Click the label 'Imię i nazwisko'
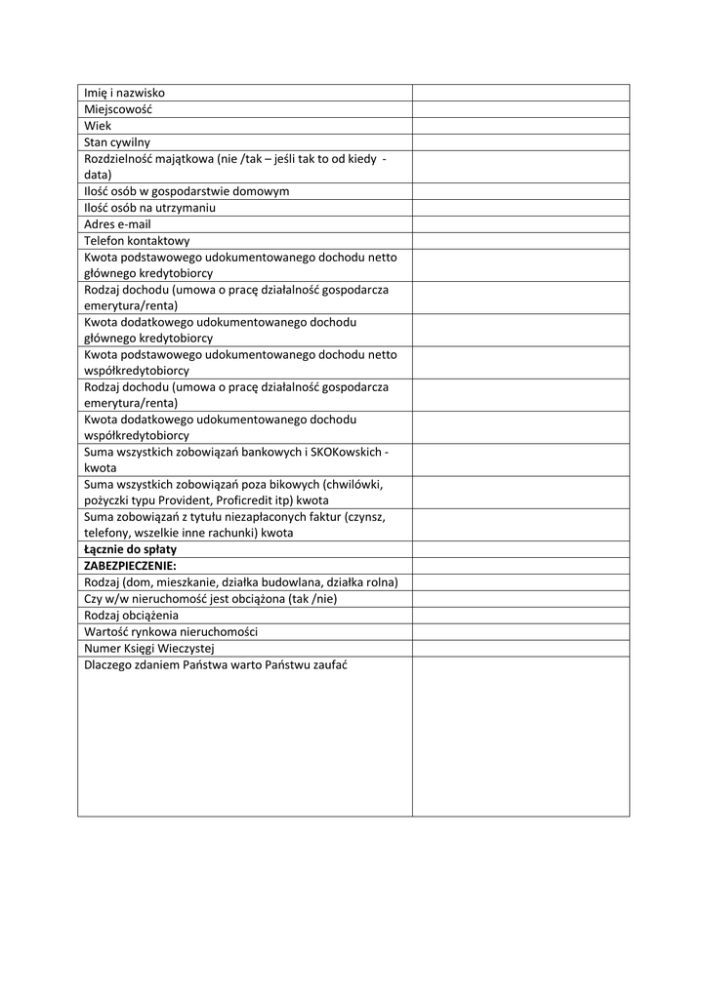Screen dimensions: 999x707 pos(124,93)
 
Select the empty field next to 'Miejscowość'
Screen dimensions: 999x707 pos(520,109)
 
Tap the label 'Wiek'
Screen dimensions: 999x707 pos(98,126)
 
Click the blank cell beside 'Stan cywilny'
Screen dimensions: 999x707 pos(520,142)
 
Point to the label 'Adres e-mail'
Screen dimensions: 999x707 pos(117,224)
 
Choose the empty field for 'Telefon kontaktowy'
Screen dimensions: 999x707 pos(520,241)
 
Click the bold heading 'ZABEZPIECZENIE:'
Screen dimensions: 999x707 pos(123,566)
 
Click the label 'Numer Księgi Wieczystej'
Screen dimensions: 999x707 pos(148,648)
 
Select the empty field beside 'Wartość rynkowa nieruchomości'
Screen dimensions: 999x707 pos(520,631)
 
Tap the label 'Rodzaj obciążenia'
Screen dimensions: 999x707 pos(131,616)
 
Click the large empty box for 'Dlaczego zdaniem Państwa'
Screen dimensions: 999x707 pos(520,737)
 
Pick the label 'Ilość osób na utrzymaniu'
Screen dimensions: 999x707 pos(149,208)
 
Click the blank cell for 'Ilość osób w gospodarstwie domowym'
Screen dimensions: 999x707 pos(520,191)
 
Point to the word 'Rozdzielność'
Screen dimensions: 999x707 pos(118,158)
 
